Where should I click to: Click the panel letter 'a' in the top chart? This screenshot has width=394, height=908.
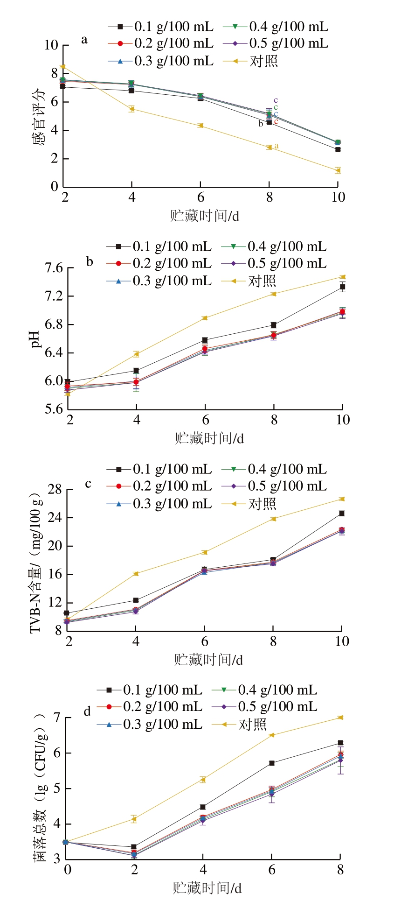[x=84, y=40]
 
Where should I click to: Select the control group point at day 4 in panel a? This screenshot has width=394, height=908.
[x=131, y=109]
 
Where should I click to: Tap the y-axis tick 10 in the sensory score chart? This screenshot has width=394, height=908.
[x=51, y=45]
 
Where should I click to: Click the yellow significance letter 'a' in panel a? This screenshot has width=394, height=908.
[x=276, y=146]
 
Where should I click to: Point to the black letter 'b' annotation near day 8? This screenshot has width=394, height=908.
[x=261, y=124]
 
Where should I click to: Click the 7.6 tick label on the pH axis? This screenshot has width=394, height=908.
[x=54, y=268]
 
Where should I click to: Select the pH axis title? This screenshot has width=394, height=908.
[x=35, y=339]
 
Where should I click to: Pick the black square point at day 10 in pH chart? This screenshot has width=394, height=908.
[x=343, y=287]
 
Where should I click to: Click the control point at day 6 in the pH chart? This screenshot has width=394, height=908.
[x=205, y=318]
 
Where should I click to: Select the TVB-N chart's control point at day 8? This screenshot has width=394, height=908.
[x=273, y=519]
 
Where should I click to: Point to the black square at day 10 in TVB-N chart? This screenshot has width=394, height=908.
[x=342, y=514]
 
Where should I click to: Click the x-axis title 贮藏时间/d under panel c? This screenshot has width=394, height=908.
[x=208, y=660]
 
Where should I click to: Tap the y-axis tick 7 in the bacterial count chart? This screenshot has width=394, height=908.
[x=57, y=717]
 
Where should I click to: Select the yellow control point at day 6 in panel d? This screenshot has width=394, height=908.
[x=271, y=735]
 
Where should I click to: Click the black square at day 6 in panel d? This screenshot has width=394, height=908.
[x=271, y=763]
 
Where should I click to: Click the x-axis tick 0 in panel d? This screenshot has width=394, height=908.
[x=68, y=869]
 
